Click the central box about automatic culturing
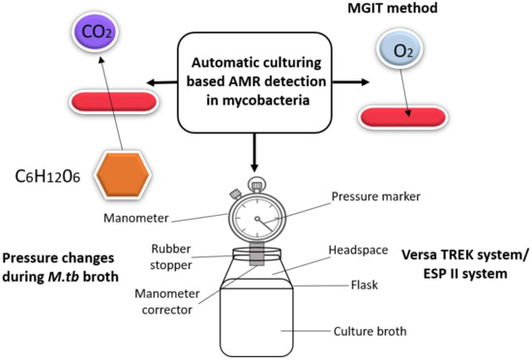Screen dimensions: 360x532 (254, 82)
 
